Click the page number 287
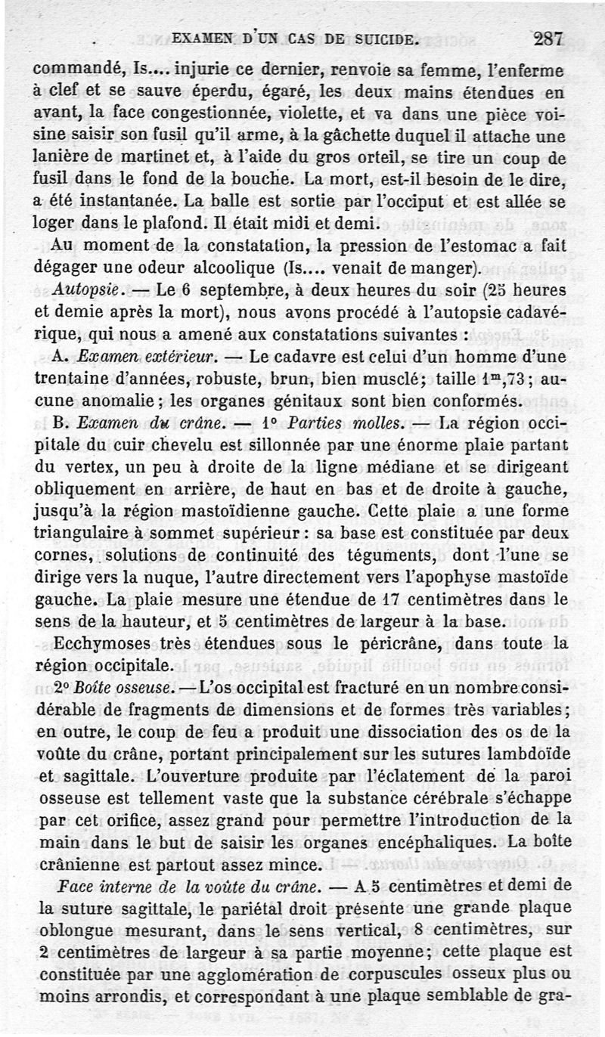[548, 39]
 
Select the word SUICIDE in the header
[378, 39]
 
